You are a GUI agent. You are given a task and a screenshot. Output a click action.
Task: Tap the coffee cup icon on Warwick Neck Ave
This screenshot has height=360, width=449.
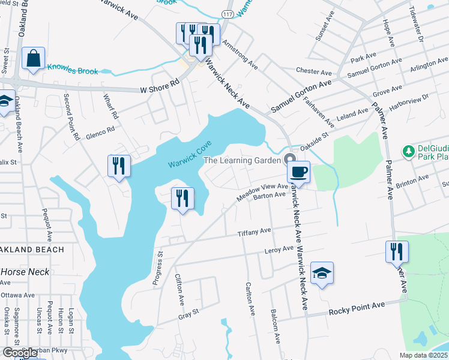pos(298,172)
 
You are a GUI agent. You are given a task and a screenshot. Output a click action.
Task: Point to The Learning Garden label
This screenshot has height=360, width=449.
pos(242,160)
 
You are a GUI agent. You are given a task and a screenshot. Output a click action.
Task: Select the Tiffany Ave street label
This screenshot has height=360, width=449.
pos(255,232)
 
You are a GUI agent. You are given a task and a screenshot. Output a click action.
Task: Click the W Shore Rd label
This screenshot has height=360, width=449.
pos(160,86)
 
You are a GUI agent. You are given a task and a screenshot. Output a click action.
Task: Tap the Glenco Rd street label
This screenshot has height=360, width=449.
pos(99,132)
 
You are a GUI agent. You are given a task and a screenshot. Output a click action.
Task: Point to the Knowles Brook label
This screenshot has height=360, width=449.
pos(72,71)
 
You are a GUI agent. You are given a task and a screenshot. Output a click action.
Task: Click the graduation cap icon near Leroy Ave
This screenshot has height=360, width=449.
pos(322,274)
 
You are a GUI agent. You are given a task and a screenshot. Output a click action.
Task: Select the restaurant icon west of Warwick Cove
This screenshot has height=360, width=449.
pos(119,166)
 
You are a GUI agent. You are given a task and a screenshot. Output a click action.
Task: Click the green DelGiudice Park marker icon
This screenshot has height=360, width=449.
pos(409,150)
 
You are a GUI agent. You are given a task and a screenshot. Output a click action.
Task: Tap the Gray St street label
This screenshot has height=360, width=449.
pos(188,314)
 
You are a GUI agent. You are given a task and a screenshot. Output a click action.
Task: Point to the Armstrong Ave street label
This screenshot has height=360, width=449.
pos(240,55)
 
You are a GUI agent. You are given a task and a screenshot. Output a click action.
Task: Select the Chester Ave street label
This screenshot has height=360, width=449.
pos(315,70)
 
